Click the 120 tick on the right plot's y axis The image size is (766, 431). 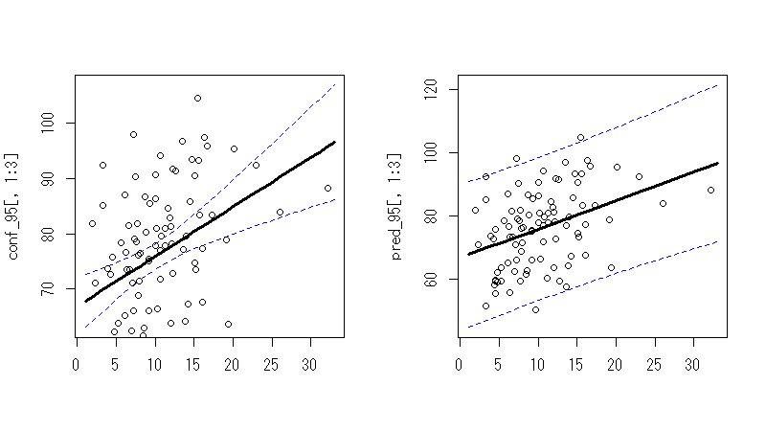click(x=433, y=89)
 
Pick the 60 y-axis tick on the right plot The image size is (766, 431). click(x=433, y=279)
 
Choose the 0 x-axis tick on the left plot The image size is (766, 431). click(x=76, y=365)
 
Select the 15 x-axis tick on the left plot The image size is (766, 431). click(x=191, y=365)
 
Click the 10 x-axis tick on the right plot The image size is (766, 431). click(x=537, y=365)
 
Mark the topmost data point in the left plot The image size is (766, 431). click(x=197, y=98)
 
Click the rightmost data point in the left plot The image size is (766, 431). click(x=327, y=188)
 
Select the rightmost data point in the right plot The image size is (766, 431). click(x=710, y=190)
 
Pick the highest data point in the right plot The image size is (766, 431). click(x=580, y=137)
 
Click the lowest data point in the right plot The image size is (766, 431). click(x=535, y=309)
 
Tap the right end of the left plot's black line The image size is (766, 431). click(x=335, y=142)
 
